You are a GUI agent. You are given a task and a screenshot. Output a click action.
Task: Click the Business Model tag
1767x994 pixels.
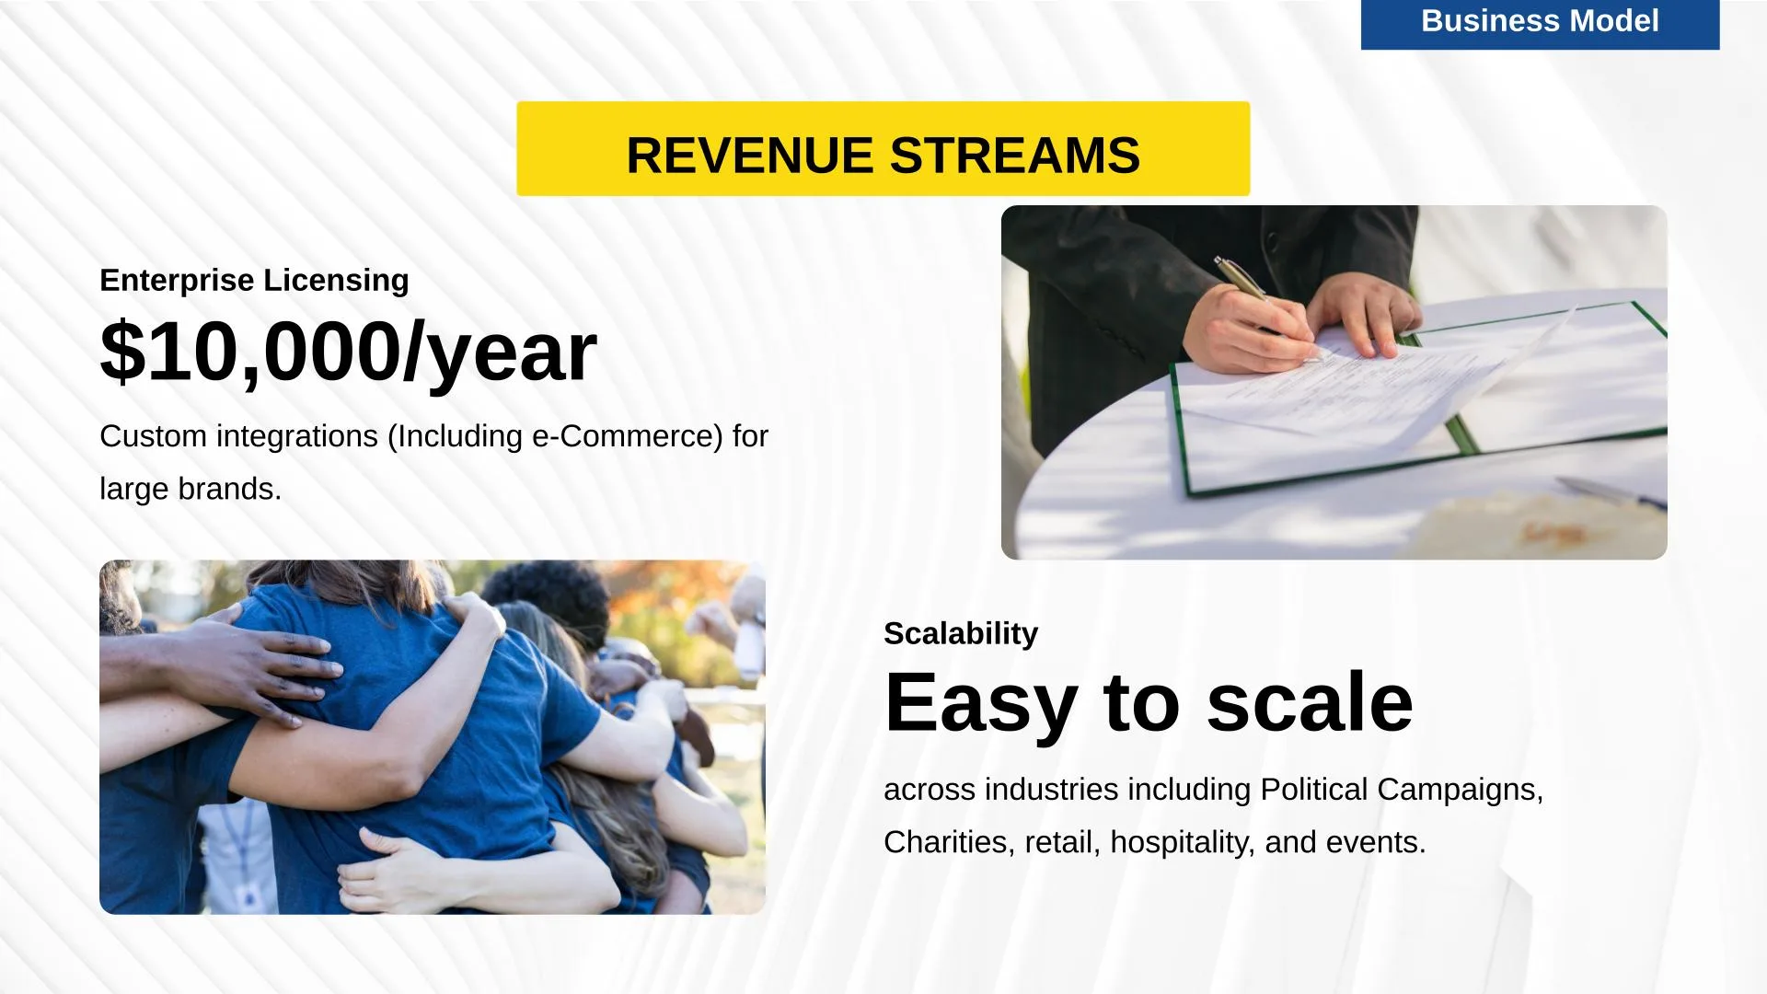[1540, 23]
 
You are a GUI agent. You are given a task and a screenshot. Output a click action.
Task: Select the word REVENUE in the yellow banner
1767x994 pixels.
[750, 155]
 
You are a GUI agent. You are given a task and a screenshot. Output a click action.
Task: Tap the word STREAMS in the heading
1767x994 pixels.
[1015, 155]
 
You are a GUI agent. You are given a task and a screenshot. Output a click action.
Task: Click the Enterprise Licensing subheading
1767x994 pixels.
[254, 280]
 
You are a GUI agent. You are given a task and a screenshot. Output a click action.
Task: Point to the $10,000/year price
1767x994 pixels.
[348, 352]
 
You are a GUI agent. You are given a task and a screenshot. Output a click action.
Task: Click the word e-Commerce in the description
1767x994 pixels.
[628, 436]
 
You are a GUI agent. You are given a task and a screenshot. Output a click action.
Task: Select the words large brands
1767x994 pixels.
[191, 489]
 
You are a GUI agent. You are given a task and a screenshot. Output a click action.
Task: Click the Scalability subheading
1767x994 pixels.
[961, 633]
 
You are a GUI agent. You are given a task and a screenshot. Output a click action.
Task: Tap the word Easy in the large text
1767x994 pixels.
[980, 703]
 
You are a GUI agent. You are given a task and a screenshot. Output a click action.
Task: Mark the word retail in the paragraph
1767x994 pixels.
[1062, 842]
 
